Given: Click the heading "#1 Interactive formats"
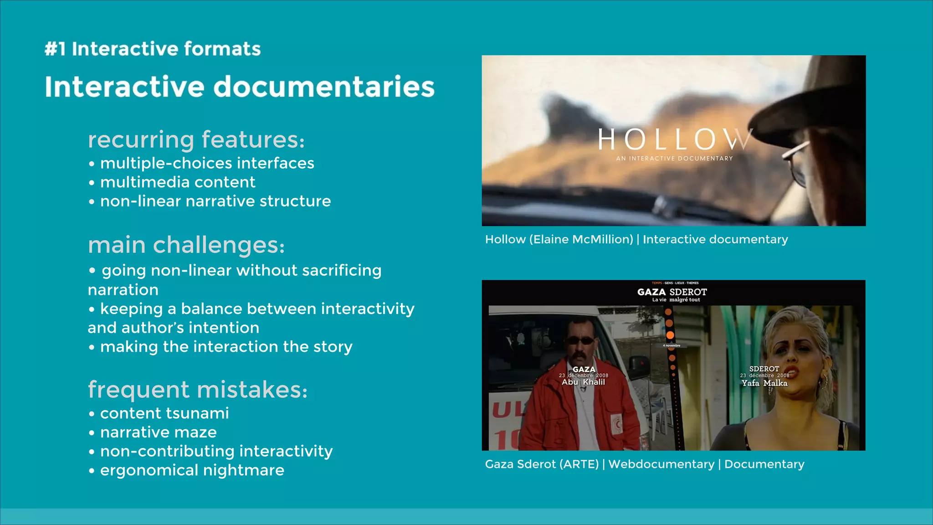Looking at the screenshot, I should click(x=153, y=49).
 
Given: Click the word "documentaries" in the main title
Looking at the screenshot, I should click(x=324, y=87).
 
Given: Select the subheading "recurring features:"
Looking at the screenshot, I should click(x=196, y=139).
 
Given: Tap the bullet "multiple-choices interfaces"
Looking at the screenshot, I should click(x=207, y=163).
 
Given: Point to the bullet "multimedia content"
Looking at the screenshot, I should click(x=178, y=182).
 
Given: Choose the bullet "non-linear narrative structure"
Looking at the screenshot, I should click(x=215, y=201).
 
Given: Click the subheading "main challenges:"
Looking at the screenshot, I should click(x=186, y=245).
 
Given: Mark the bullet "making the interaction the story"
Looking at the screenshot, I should click(x=226, y=347).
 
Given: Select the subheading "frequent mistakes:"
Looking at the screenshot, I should click(x=198, y=390).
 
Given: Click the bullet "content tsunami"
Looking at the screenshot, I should click(x=164, y=413).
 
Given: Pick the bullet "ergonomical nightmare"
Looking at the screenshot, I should click(x=192, y=470).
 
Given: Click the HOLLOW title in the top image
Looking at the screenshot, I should click(x=674, y=139).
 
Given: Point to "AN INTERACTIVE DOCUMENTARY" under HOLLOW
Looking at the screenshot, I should click(x=674, y=159).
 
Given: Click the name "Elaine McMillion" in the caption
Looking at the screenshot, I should click(x=581, y=239).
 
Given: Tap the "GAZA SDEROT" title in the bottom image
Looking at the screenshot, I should click(x=672, y=292).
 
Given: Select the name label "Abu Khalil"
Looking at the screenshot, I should click(x=583, y=382).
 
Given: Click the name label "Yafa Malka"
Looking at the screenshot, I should click(x=764, y=383).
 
